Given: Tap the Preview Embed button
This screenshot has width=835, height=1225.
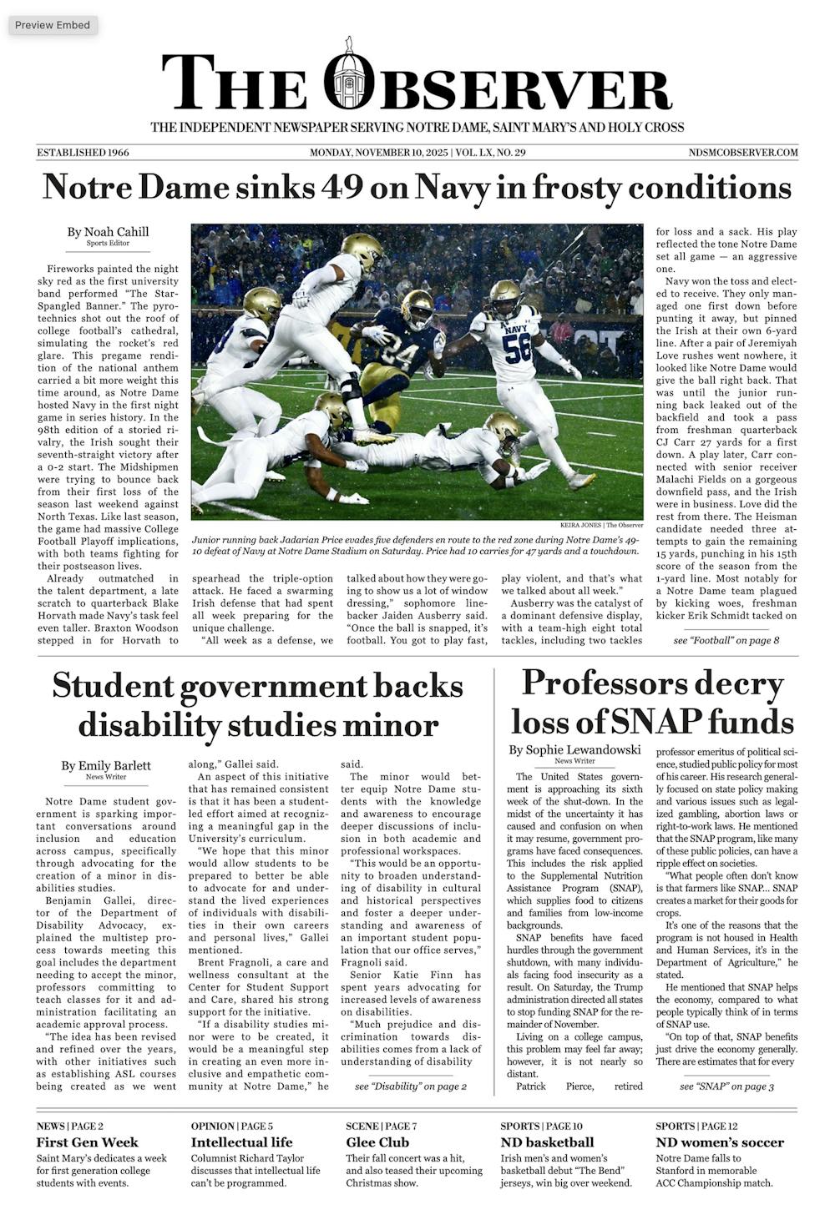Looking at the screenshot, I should [x=53, y=25].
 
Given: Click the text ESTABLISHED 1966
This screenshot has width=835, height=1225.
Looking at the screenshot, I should [x=83, y=153].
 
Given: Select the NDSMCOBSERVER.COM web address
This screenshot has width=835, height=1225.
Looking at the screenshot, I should [x=743, y=153].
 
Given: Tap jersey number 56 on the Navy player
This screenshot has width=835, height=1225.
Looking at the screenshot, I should [x=518, y=347].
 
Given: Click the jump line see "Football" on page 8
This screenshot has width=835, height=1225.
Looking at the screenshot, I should [x=726, y=640].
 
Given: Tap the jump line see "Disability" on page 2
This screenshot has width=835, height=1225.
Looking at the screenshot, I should [x=411, y=1086].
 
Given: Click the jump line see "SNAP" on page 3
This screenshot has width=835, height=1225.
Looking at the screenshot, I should [x=726, y=1086].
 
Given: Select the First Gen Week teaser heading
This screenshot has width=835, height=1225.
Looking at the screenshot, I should [x=88, y=1142].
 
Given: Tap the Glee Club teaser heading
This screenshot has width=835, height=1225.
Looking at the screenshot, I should [x=377, y=1142].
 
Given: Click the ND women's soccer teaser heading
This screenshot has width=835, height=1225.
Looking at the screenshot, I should [x=720, y=1142].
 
